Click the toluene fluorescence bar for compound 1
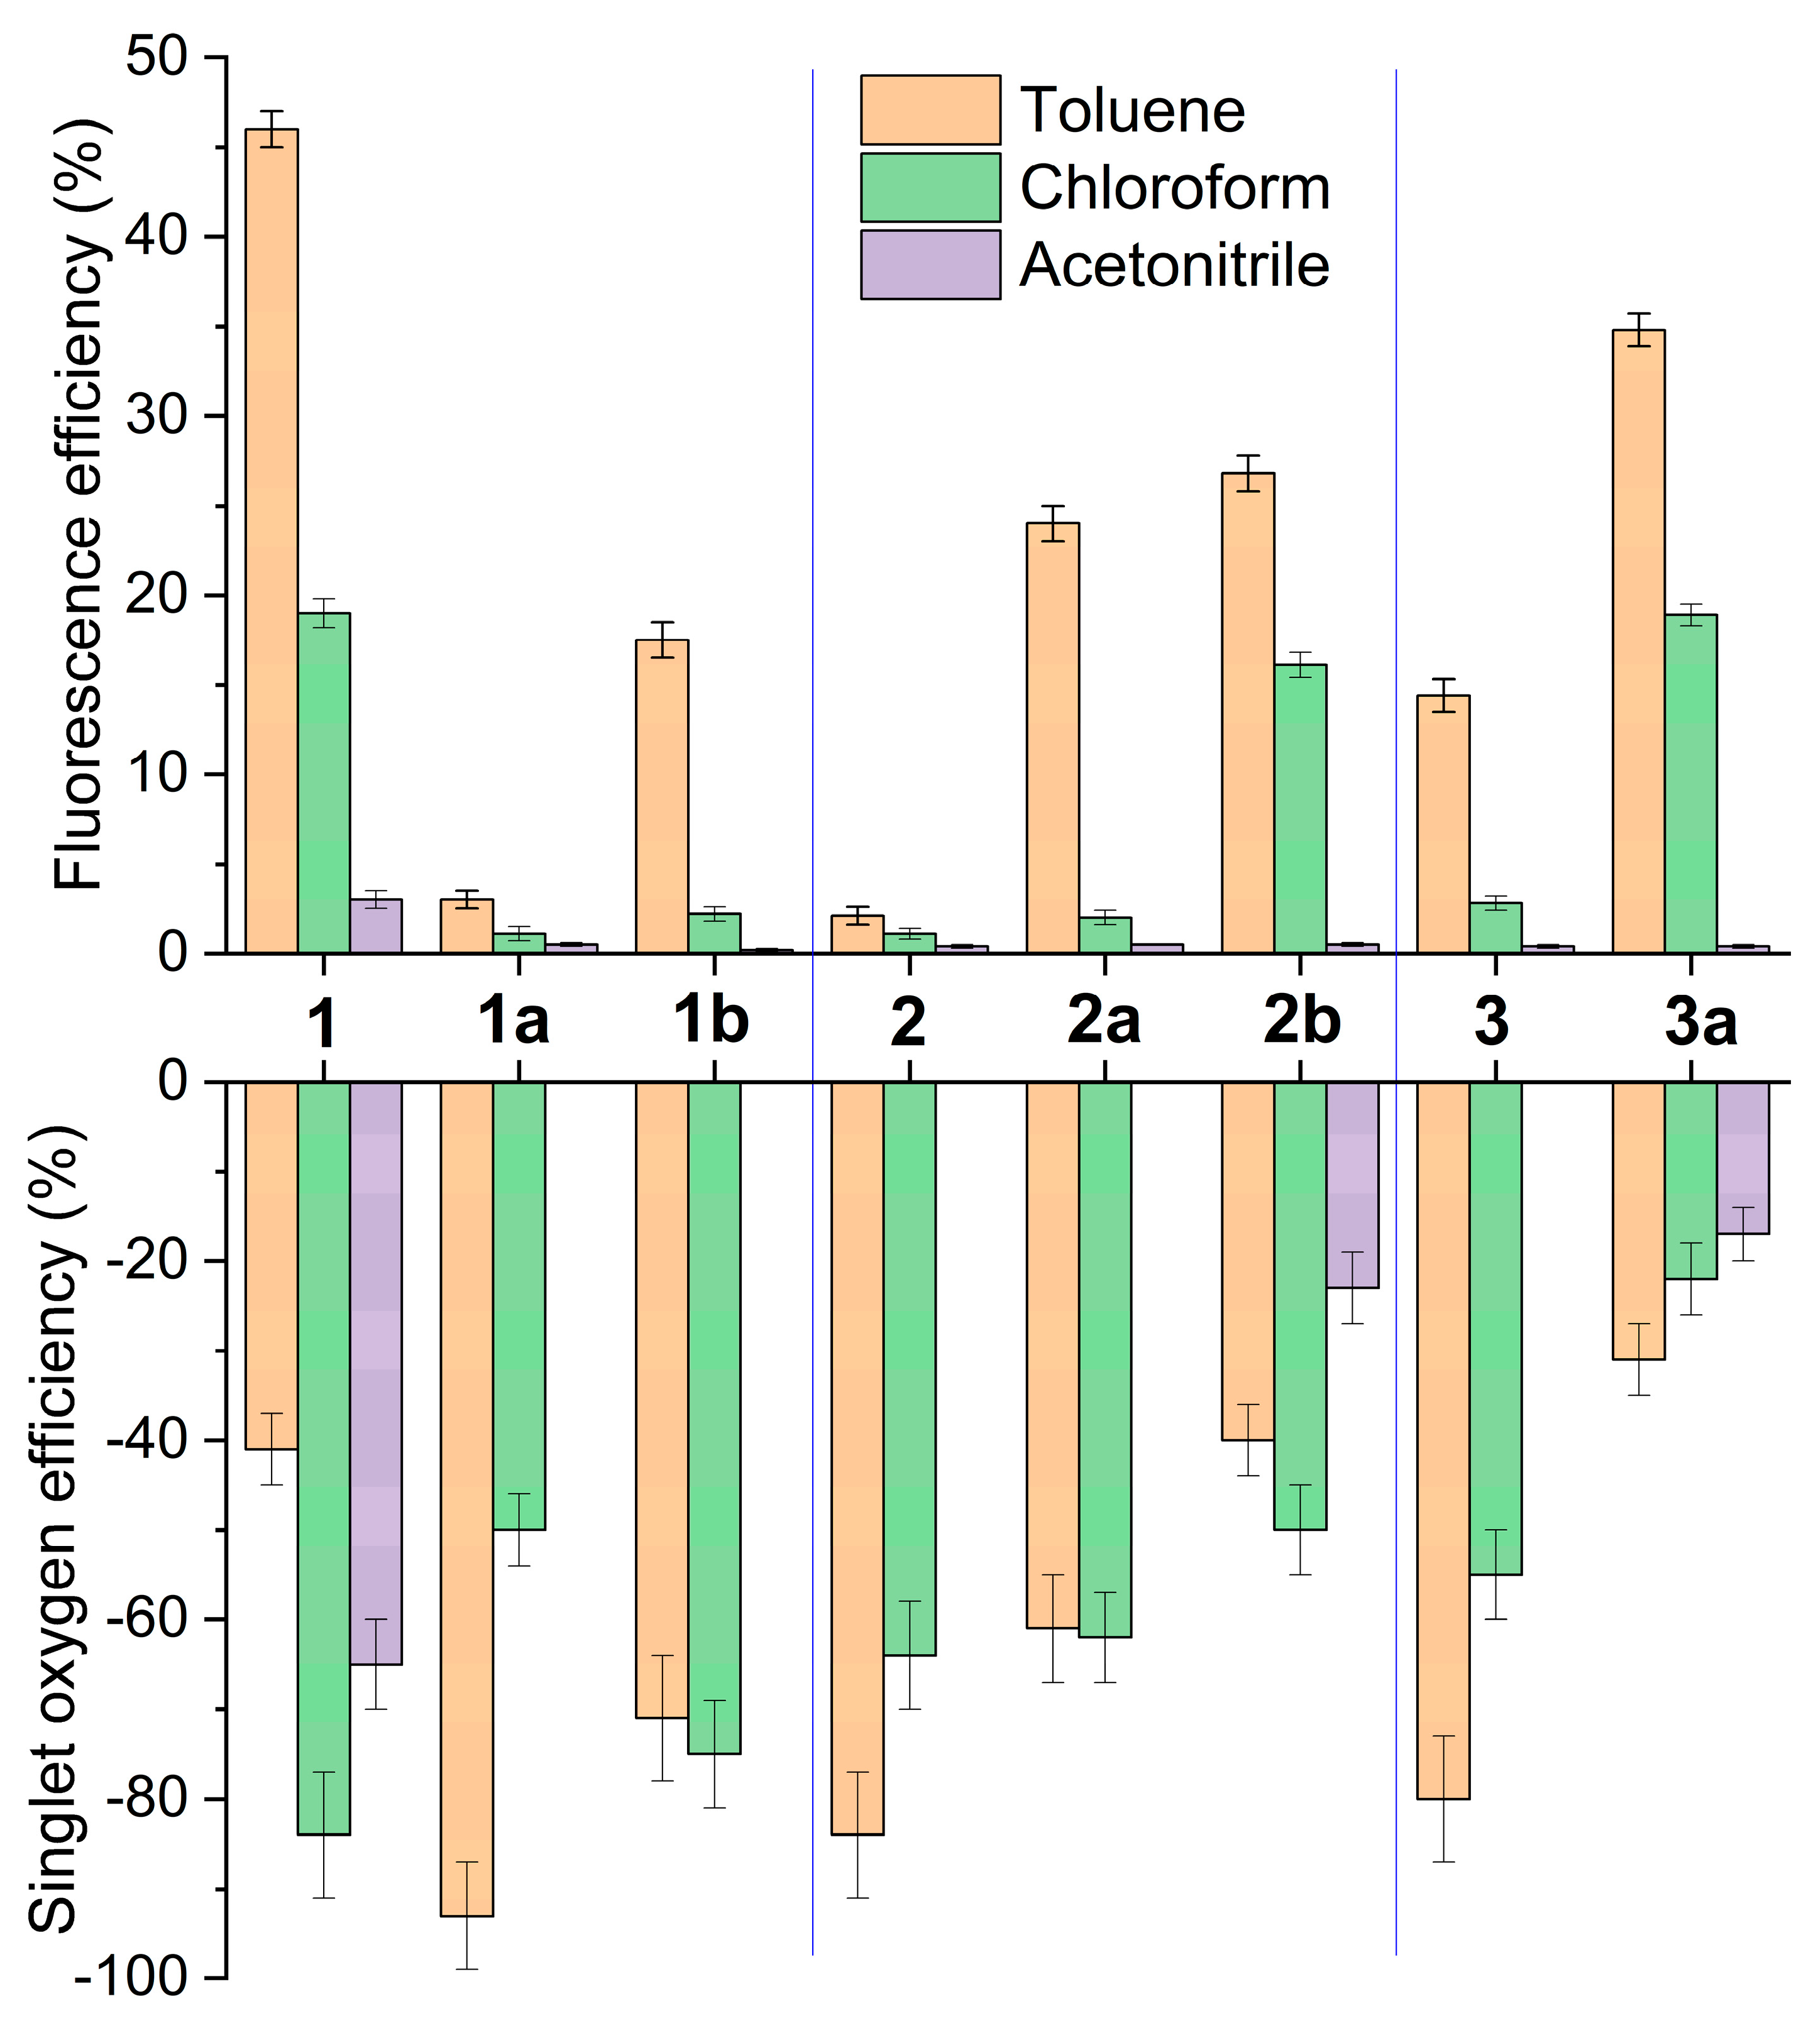click(271, 540)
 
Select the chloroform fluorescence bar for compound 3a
click(1691, 784)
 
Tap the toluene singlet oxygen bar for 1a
click(466, 1498)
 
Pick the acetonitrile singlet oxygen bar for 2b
click(1353, 1186)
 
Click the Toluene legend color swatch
click(930, 110)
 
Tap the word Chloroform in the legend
click(1174, 187)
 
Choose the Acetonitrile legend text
click(1174, 266)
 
